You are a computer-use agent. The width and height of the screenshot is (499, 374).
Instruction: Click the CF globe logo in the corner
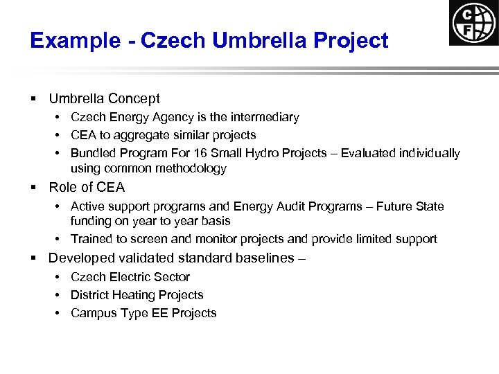pyautogui.click(x=473, y=23)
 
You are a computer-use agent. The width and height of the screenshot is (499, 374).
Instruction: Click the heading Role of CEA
pyautogui.click(x=87, y=187)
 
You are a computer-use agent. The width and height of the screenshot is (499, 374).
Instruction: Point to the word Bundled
pyautogui.click(x=94, y=153)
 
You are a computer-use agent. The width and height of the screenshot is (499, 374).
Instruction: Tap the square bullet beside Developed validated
pyautogui.click(x=33, y=259)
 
